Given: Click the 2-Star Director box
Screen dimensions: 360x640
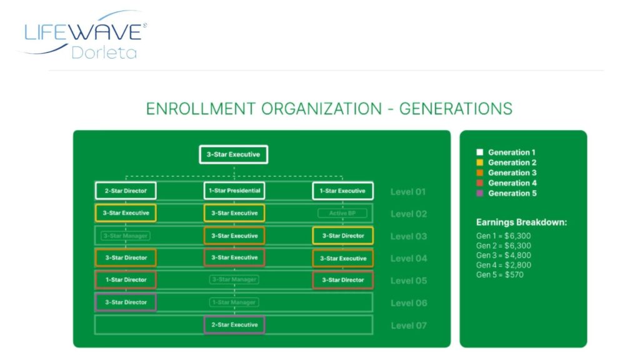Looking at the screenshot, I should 126,191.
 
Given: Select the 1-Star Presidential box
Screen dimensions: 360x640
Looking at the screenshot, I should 234,191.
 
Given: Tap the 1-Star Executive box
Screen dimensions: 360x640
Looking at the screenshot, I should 343,191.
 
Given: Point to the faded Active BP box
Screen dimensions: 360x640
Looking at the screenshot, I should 343,214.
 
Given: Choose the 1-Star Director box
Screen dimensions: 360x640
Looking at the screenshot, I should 126,280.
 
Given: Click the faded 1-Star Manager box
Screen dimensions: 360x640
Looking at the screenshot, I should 234,302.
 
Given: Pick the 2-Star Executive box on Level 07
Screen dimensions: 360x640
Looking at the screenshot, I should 234,325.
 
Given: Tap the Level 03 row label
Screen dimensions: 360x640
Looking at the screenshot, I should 409,236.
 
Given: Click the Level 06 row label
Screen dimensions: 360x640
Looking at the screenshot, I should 409,303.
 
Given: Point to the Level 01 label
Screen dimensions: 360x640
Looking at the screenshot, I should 409,192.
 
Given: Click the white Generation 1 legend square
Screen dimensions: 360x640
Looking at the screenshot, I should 479,152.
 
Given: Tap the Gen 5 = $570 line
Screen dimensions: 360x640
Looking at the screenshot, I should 500,274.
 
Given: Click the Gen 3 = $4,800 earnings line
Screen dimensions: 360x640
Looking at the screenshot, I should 504,255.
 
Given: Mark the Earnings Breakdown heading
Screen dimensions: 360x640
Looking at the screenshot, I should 521,222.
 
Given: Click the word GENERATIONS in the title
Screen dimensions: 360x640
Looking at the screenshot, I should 456,108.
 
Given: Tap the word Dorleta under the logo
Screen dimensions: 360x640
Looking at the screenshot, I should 104,52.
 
